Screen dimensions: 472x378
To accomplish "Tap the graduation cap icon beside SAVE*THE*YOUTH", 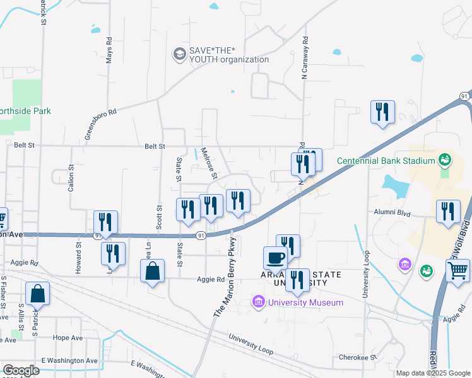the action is tap(180, 55).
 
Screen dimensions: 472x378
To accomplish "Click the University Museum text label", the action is tap(305, 302).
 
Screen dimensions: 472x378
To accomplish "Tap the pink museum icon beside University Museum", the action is tap(257, 302).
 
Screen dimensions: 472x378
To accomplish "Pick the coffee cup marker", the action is tap(275, 258).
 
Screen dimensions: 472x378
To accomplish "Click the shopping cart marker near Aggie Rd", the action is tap(458, 272).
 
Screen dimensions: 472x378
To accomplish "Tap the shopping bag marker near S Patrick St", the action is tap(38, 294).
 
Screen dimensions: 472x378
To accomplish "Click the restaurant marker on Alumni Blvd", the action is tap(448, 212).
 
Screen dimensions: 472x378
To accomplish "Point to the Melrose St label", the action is tap(209, 163).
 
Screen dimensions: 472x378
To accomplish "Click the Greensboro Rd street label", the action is tap(101, 125).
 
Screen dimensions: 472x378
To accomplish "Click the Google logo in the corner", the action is tap(21, 370).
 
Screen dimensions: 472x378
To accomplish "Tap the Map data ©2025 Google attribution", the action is tap(433, 373).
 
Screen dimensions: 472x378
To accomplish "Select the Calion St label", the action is tap(71, 179).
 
